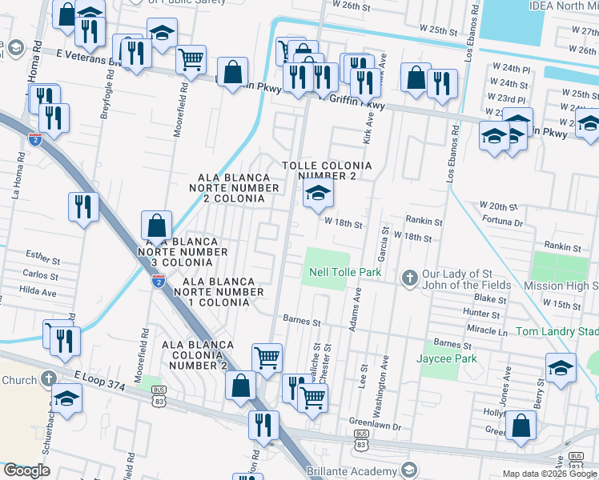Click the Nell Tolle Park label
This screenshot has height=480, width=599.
pyautogui.click(x=345, y=273)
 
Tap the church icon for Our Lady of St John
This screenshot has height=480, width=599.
pyautogui.click(x=409, y=277)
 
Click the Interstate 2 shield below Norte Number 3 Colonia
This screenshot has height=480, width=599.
pyautogui.click(x=159, y=280)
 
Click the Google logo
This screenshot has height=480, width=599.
pyautogui.click(x=26, y=470)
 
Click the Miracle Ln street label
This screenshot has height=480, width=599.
pyautogui.click(x=488, y=330)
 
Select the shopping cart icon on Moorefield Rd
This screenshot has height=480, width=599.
pyautogui.click(x=191, y=58)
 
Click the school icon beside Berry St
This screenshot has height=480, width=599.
pyautogui.click(x=561, y=369)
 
